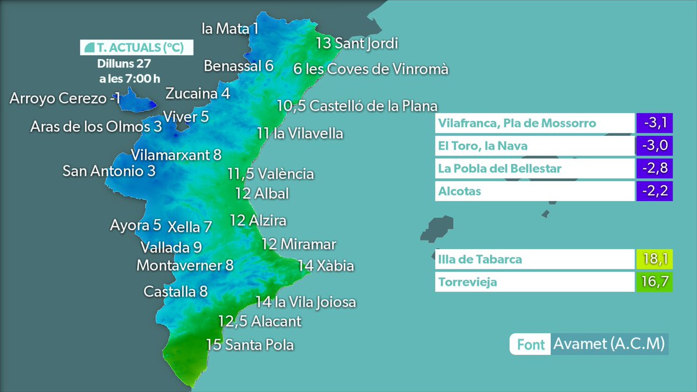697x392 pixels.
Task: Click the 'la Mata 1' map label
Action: [230, 28]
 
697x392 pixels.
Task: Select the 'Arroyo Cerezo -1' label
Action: [65, 98]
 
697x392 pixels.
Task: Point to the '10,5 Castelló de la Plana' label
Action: [357, 106]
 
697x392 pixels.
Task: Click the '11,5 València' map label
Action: [271, 174]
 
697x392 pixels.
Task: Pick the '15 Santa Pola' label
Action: [250, 345]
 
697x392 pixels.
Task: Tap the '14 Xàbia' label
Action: [325, 266]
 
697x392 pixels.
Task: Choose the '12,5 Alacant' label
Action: [260, 321]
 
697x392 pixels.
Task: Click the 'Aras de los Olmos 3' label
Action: [96, 127]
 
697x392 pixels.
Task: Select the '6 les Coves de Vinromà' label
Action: [371, 69]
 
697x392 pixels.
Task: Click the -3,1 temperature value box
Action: [654, 123]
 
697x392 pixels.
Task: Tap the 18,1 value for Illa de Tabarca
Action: [654, 259]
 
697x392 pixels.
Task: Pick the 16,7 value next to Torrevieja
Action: [654, 283]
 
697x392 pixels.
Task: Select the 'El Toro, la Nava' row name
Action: [483, 146]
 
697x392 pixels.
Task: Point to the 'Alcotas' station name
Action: [460, 191]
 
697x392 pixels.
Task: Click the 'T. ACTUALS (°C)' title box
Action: [136, 48]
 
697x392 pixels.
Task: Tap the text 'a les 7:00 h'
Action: [130, 78]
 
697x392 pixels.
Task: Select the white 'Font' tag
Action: [530, 344]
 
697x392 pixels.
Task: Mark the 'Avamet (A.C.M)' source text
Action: [609, 344]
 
